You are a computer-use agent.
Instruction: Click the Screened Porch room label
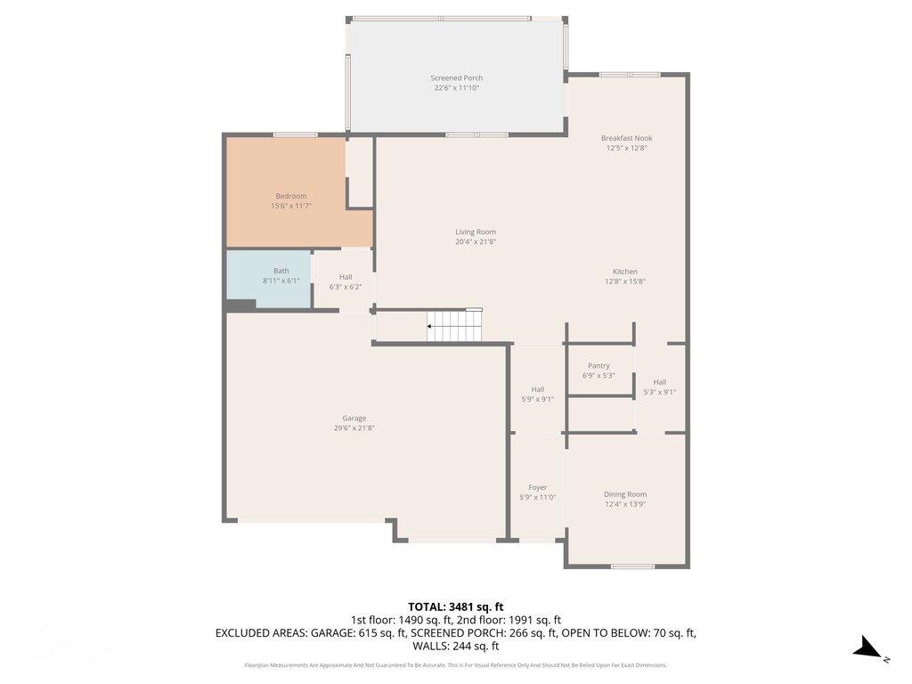point(456,78)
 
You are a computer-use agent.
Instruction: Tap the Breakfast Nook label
point(626,138)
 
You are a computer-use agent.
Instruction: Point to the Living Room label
point(476,232)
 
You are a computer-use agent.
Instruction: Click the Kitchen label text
point(624,272)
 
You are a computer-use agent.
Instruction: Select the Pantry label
point(598,366)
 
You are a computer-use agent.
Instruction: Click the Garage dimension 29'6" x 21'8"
point(354,428)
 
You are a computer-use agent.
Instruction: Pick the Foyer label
point(538,487)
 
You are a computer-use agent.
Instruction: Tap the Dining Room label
point(625,494)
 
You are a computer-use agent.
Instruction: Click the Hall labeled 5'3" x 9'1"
point(660,387)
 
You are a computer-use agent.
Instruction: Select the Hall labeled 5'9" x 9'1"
point(538,394)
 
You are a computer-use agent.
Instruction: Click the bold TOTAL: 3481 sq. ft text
point(456,607)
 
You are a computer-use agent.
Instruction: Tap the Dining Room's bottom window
point(633,566)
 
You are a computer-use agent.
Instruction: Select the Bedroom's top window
point(295,134)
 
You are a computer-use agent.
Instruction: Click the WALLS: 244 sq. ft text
point(456,647)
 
